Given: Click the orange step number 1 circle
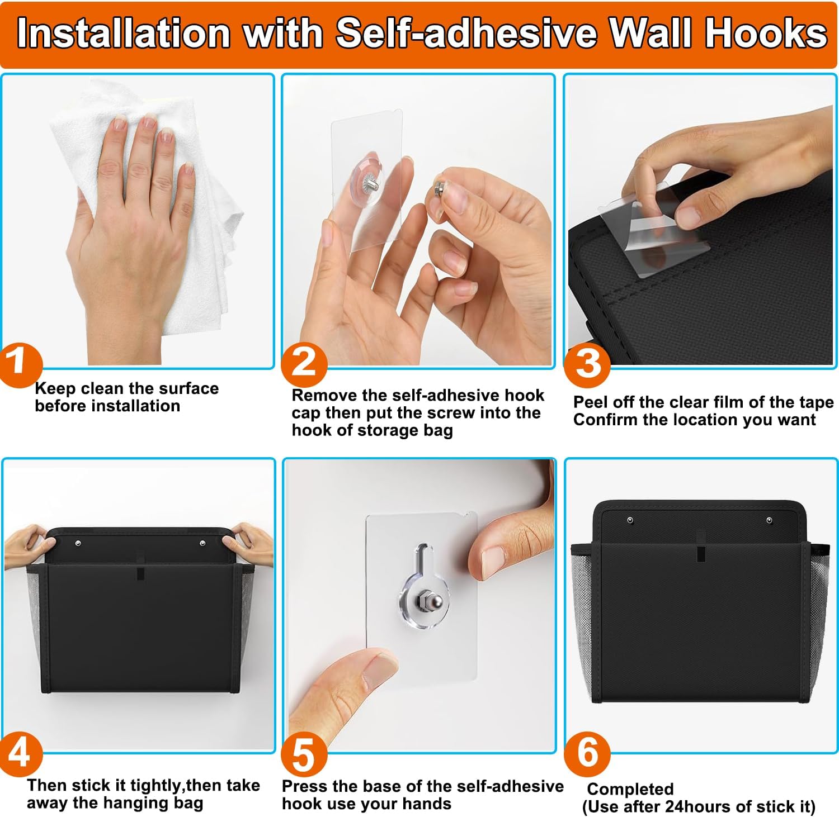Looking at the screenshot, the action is click(20, 365).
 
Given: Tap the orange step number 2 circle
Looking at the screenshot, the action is click(304, 364).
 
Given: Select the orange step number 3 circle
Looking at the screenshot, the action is click(587, 364).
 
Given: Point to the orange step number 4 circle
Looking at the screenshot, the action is click(21, 754).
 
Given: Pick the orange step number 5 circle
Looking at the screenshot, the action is click(304, 755).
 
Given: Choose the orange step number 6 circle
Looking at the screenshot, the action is click(587, 754).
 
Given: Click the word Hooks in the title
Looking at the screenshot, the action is click(766, 34).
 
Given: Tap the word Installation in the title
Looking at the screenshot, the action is click(124, 34).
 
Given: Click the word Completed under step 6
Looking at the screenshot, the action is click(630, 790).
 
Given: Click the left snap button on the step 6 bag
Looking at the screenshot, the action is click(630, 521).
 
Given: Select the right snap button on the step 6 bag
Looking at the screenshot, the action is click(770, 521).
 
